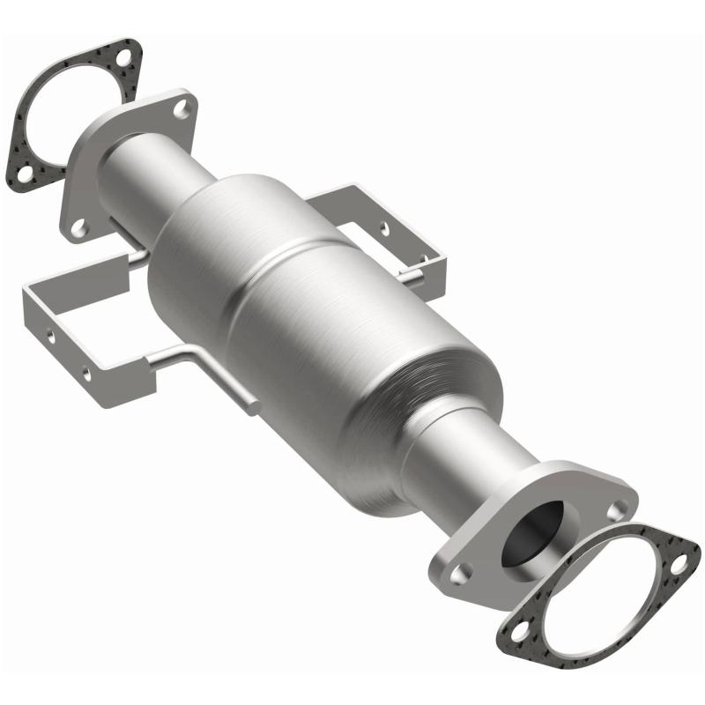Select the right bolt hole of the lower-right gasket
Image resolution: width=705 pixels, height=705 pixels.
(679, 553)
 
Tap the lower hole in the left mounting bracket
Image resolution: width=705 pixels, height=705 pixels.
(85, 373)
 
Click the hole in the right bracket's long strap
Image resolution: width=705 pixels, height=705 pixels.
(385, 227)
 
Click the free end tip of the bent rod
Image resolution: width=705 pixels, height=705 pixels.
(255, 408)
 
